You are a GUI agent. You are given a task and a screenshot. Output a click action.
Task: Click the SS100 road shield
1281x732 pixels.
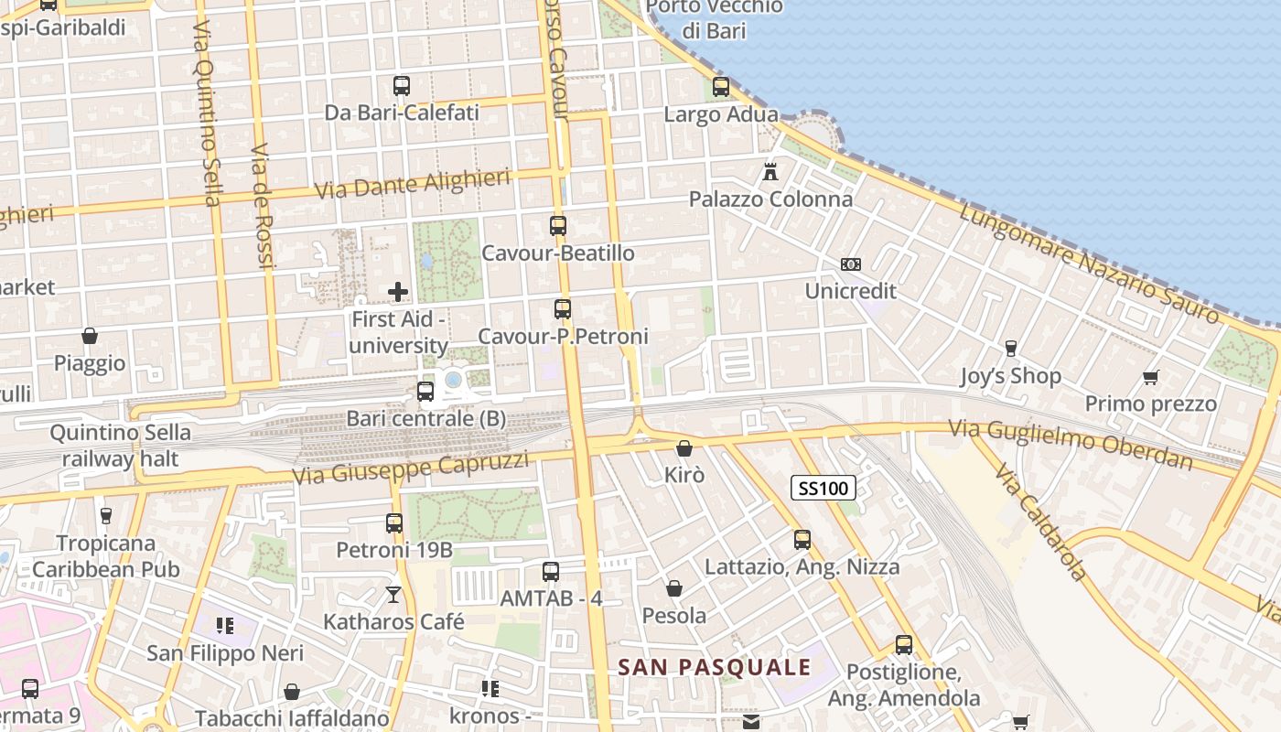tap(823, 488)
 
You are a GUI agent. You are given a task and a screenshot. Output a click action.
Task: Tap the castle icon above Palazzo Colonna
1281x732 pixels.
tap(770, 171)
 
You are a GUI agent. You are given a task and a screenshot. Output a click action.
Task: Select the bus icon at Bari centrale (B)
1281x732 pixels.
tap(425, 392)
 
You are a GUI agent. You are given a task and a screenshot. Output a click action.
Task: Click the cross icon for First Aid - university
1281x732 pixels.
tap(398, 292)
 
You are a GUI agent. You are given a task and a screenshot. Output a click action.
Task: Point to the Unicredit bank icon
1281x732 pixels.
tap(851, 264)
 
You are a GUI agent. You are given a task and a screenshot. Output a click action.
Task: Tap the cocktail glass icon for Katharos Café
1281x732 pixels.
tap(393, 595)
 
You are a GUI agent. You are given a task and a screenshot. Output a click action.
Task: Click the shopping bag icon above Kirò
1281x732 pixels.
tap(684, 448)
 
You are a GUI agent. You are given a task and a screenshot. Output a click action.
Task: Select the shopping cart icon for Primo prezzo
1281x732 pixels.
tap(1151, 377)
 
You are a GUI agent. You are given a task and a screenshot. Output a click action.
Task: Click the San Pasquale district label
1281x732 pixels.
tap(715, 667)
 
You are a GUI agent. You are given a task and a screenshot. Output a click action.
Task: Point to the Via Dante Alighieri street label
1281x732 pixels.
tap(413, 184)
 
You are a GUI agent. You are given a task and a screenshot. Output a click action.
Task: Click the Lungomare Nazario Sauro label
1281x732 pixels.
tap(1090, 263)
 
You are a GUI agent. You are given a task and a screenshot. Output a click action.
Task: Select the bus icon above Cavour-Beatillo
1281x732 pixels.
tap(558, 225)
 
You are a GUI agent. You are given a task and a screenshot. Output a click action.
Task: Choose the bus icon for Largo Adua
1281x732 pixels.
tap(721, 87)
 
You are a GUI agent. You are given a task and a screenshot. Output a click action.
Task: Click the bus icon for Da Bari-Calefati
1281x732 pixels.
tap(402, 86)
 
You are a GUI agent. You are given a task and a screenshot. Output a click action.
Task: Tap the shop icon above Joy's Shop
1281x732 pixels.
tap(1011, 349)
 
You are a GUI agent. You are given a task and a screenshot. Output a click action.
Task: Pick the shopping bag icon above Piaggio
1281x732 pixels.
tap(90, 336)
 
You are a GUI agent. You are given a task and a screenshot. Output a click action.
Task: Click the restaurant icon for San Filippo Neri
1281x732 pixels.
tap(225, 626)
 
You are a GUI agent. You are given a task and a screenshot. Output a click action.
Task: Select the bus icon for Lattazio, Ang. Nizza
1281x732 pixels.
tap(802, 540)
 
